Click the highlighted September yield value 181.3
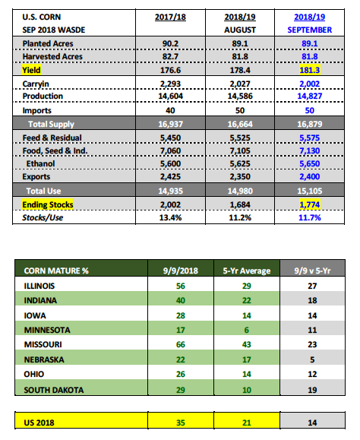pyautogui.click(x=310, y=70)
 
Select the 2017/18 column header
pyautogui.click(x=170, y=17)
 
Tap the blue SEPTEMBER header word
pyautogui.click(x=310, y=30)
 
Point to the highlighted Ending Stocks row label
pyautogui.click(x=48, y=204)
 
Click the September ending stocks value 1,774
pyautogui.click(x=310, y=205)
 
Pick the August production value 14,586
pyautogui.click(x=240, y=97)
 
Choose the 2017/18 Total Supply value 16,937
pyautogui.click(x=170, y=124)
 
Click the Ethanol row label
pyautogui.click(x=41, y=163)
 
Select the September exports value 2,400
pyautogui.click(x=310, y=176)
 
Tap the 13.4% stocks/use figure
pyautogui.click(x=170, y=217)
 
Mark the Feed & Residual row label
pyautogui.click(x=52, y=138)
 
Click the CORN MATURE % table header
pyautogui.click(x=56, y=271)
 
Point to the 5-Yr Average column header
pyautogui.click(x=247, y=271)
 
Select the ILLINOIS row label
pyautogui.click(x=39, y=286)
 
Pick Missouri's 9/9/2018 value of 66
pyautogui.click(x=181, y=344)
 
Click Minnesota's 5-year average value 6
pyautogui.click(x=247, y=330)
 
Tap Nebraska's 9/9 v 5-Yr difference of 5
pyautogui.click(x=312, y=359)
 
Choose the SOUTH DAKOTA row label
pyautogui.click(x=54, y=390)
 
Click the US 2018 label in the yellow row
pyautogui.click(x=39, y=423)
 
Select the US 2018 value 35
pyautogui.click(x=181, y=423)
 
